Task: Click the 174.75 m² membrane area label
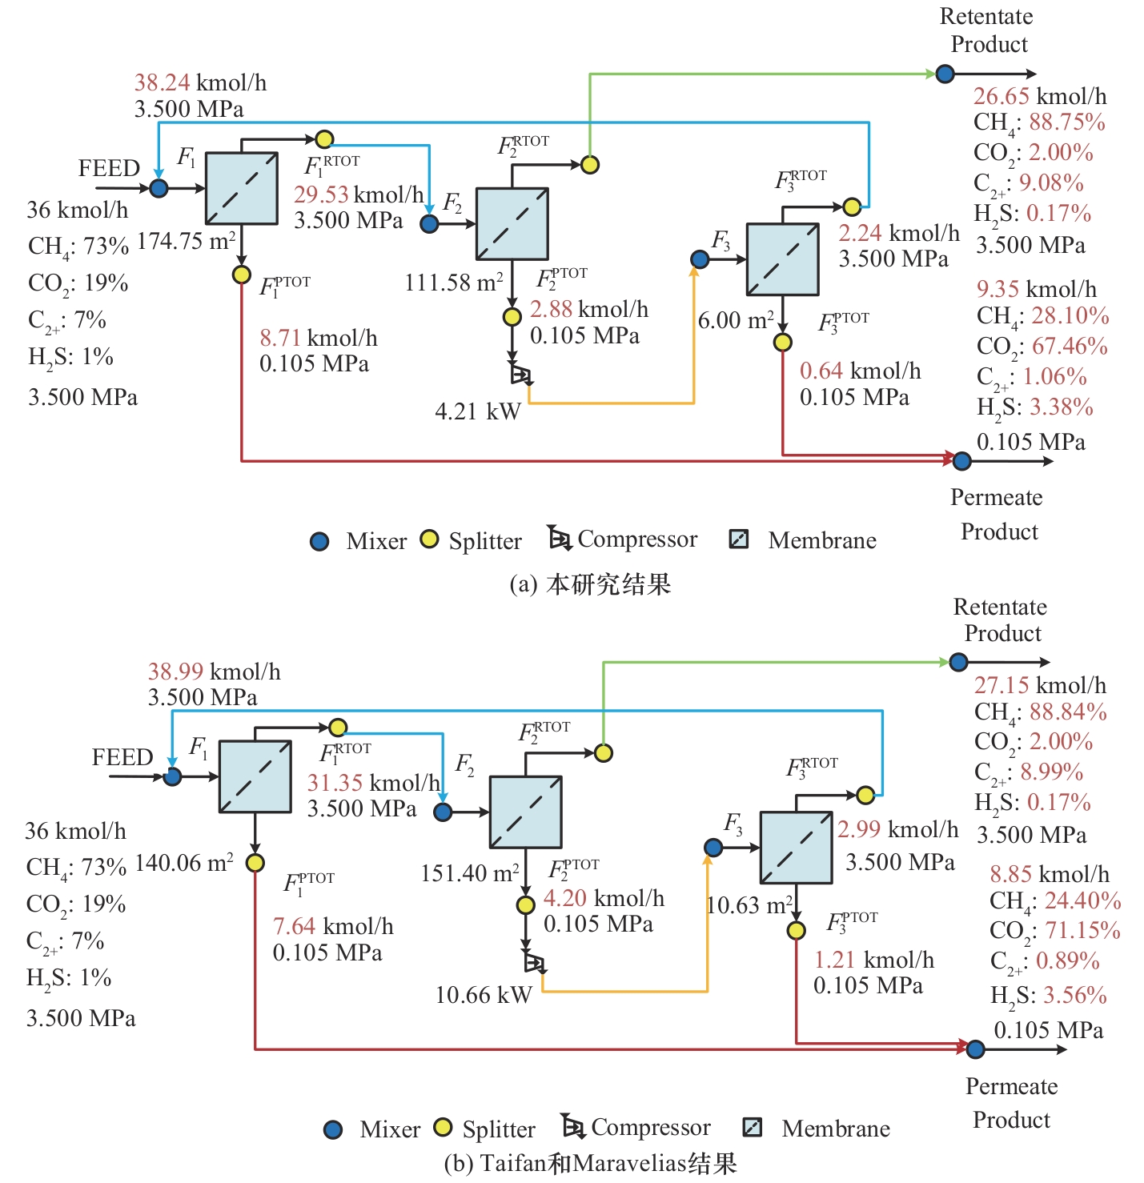point(186,241)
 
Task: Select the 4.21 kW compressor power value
point(478,411)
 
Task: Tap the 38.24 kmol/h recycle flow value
point(200,82)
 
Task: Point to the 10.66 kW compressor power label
point(484,995)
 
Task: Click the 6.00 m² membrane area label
point(736,320)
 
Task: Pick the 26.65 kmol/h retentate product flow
point(1040,96)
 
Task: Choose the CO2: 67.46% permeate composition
point(1042,347)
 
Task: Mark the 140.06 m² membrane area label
point(184,863)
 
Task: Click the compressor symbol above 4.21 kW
point(520,375)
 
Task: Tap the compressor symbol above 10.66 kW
point(534,962)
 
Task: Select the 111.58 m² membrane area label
point(454,283)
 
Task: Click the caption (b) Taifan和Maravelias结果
point(590,1163)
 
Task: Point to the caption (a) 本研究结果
point(590,584)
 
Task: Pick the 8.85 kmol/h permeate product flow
point(1050,874)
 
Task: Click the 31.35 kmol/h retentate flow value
point(373,783)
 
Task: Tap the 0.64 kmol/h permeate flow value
point(860,371)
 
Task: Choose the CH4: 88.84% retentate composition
point(1041,712)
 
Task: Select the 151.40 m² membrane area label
point(470,872)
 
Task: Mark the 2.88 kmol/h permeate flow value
point(589,309)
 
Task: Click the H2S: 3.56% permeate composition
point(1049,996)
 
